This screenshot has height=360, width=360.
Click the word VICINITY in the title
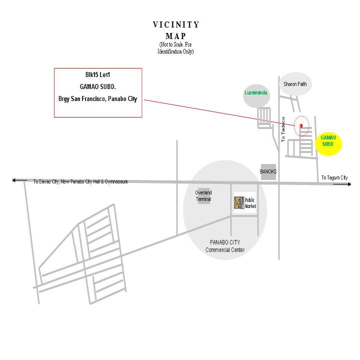[176, 24]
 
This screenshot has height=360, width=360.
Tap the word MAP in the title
[176, 36]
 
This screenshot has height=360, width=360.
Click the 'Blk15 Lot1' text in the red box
[97, 75]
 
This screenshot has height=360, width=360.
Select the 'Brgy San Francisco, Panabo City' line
[97, 98]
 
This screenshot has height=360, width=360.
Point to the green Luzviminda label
[256, 93]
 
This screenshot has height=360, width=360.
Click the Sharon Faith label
[295, 84]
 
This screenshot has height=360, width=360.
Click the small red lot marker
[301, 126]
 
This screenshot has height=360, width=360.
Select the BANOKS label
[268, 171]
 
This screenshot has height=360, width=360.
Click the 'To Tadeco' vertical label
[283, 129]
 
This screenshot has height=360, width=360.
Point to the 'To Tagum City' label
[334, 178]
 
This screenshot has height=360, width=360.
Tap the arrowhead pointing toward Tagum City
[348, 184]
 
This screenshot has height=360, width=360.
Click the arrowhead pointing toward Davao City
[15, 180]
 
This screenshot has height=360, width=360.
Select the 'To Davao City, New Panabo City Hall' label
[80, 181]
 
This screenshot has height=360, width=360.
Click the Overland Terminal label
[203, 196]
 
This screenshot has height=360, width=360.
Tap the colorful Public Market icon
[239, 203]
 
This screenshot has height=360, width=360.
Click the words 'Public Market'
[250, 203]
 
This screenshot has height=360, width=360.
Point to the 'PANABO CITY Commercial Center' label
[225, 246]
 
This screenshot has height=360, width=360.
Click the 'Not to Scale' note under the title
[175, 48]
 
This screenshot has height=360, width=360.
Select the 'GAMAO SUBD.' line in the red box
[97, 86]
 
